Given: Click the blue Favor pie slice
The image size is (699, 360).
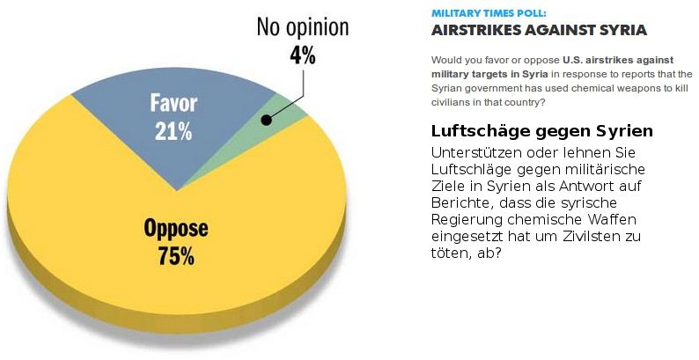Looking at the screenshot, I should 132,106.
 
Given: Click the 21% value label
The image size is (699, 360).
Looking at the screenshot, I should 174,132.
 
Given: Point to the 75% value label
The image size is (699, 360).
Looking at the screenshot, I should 176,258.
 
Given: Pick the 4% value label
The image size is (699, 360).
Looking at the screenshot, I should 302,55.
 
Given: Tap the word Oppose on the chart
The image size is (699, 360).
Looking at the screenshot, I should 176,230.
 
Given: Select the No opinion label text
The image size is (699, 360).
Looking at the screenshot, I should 302,27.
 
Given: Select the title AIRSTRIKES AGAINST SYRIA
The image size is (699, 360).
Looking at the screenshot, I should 538,31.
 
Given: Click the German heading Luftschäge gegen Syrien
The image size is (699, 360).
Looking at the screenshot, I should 541,132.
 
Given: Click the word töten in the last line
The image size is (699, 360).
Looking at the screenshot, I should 451,253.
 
